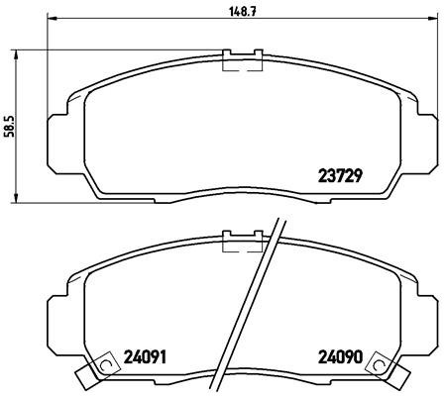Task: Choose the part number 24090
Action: [340, 357]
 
